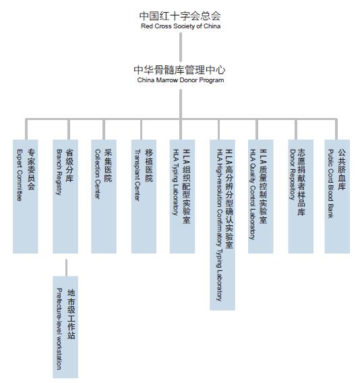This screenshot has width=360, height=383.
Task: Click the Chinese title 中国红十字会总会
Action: pyautogui.click(x=180, y=16)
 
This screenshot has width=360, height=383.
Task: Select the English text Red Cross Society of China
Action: pyautogui.click(x=181, y=26)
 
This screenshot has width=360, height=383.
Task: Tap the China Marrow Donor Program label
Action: pyautogui.click(x=181, y=80)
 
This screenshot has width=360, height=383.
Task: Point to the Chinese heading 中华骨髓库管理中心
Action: pyautogui.click(x=179, y=70)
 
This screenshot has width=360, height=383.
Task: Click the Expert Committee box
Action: pyautogui.click(x=26, y=196)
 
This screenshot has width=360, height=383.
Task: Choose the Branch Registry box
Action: pyautogui.click(x=65, y=196)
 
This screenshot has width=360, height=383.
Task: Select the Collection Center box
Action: pyautogui.click(x=104, y=196)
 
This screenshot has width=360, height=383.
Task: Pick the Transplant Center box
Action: pyautogui.click(x=144, y=196)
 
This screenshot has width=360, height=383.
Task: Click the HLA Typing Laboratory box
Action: pyautogui.click(x=183, y=196)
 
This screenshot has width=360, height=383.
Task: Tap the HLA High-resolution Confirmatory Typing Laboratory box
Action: pyautogui.click(x=222, y=225)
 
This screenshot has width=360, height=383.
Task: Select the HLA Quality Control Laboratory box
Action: pyautogui.click(x=261, y=196)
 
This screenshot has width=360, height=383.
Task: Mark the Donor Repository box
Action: pyautogui.click(x=301, y=196)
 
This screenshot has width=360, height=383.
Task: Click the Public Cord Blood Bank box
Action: pyautogui.click(x=337, y=196)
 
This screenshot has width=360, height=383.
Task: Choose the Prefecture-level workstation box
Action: pyautogui.click(x=65, y=327)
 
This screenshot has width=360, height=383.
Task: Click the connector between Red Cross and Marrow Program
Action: pyautogui.click(x=181, y=47)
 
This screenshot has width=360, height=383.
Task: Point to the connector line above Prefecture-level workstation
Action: pyautogui.click(x=66, y=268)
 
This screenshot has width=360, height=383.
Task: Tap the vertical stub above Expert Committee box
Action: pyautogui.click(x=26, y=129)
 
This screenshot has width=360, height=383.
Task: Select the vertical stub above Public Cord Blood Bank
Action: pyautogui.click(x=336, y=129)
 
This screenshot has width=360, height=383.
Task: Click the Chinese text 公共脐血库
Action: pyautogui.click(x=342, y=169)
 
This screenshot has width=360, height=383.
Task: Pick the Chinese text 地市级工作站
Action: pyautogui.click(x=71, y=314)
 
